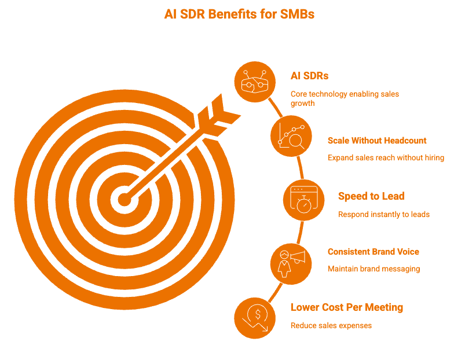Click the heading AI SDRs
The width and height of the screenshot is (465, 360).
(x=309, y=76)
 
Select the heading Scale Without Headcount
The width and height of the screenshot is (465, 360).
(x=377, y=141)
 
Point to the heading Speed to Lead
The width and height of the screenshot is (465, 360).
(x=371, y=196)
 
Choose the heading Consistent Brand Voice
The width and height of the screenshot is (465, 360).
(x=374, y=252)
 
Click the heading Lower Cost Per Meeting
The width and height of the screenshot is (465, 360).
(x=347, y=307)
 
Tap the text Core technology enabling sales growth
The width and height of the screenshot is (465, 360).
(x=345, y=98)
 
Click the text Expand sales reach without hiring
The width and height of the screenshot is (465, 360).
(x=386, y=157)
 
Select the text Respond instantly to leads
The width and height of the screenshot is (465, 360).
(x=384, y=214)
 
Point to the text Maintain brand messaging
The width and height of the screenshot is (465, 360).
(x=374, y=269)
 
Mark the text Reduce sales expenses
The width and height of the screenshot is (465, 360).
(x=331, y=325)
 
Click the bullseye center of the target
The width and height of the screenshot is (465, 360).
(x=125, y=200)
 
